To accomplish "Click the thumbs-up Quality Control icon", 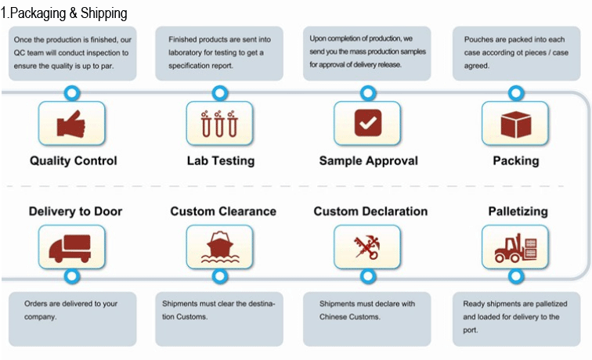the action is pos(71,123).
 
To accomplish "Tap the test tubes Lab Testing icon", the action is pos(219,123).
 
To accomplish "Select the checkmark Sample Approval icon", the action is pos(367,123).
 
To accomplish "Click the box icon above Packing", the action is pos(515,123).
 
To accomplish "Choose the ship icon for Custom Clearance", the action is pos(219,247).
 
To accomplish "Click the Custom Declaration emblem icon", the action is pos(367,247).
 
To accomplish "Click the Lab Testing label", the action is pos(221,161).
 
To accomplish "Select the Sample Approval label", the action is pos(369,161).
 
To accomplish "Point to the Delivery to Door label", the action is pos(75,211).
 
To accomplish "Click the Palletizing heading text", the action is pos(518,212).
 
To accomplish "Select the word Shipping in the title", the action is pos(104,14).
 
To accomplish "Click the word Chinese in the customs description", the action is pos(331,317).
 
